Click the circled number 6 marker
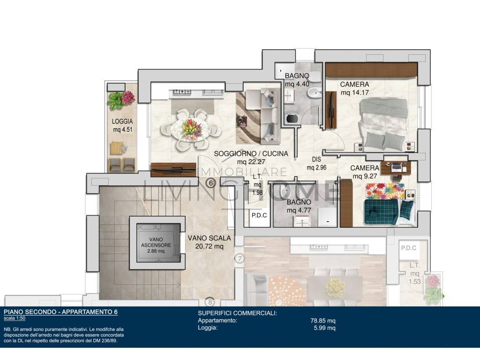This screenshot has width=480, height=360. click(210, 183)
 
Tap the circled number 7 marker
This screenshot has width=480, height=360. click(240, 259)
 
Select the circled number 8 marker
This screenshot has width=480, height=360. click(210, 302)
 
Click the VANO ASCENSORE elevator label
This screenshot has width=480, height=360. click(156, 245)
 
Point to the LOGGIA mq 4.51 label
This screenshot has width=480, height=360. click(122, 126)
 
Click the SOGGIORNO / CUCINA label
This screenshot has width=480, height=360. click(251, 157)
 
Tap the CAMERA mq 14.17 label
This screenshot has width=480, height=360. click(354, 88)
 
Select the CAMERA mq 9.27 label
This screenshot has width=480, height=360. click(365, 172)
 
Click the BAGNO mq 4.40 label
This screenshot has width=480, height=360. click(297, 80)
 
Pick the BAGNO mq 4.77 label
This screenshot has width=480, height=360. click(299, 206)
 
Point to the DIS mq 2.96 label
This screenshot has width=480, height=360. click(316, 164)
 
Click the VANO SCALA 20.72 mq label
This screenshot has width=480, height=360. click(210, 242)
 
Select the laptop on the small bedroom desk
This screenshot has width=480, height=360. click(396, 166)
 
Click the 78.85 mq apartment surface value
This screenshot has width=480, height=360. click(323, 321)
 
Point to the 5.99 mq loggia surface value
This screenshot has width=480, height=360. click(324, 328)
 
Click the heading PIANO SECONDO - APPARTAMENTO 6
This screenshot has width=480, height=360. click(60, 312)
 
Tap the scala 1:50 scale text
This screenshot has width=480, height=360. click(15, 318)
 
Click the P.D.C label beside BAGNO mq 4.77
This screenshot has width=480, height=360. click(259, 216)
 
